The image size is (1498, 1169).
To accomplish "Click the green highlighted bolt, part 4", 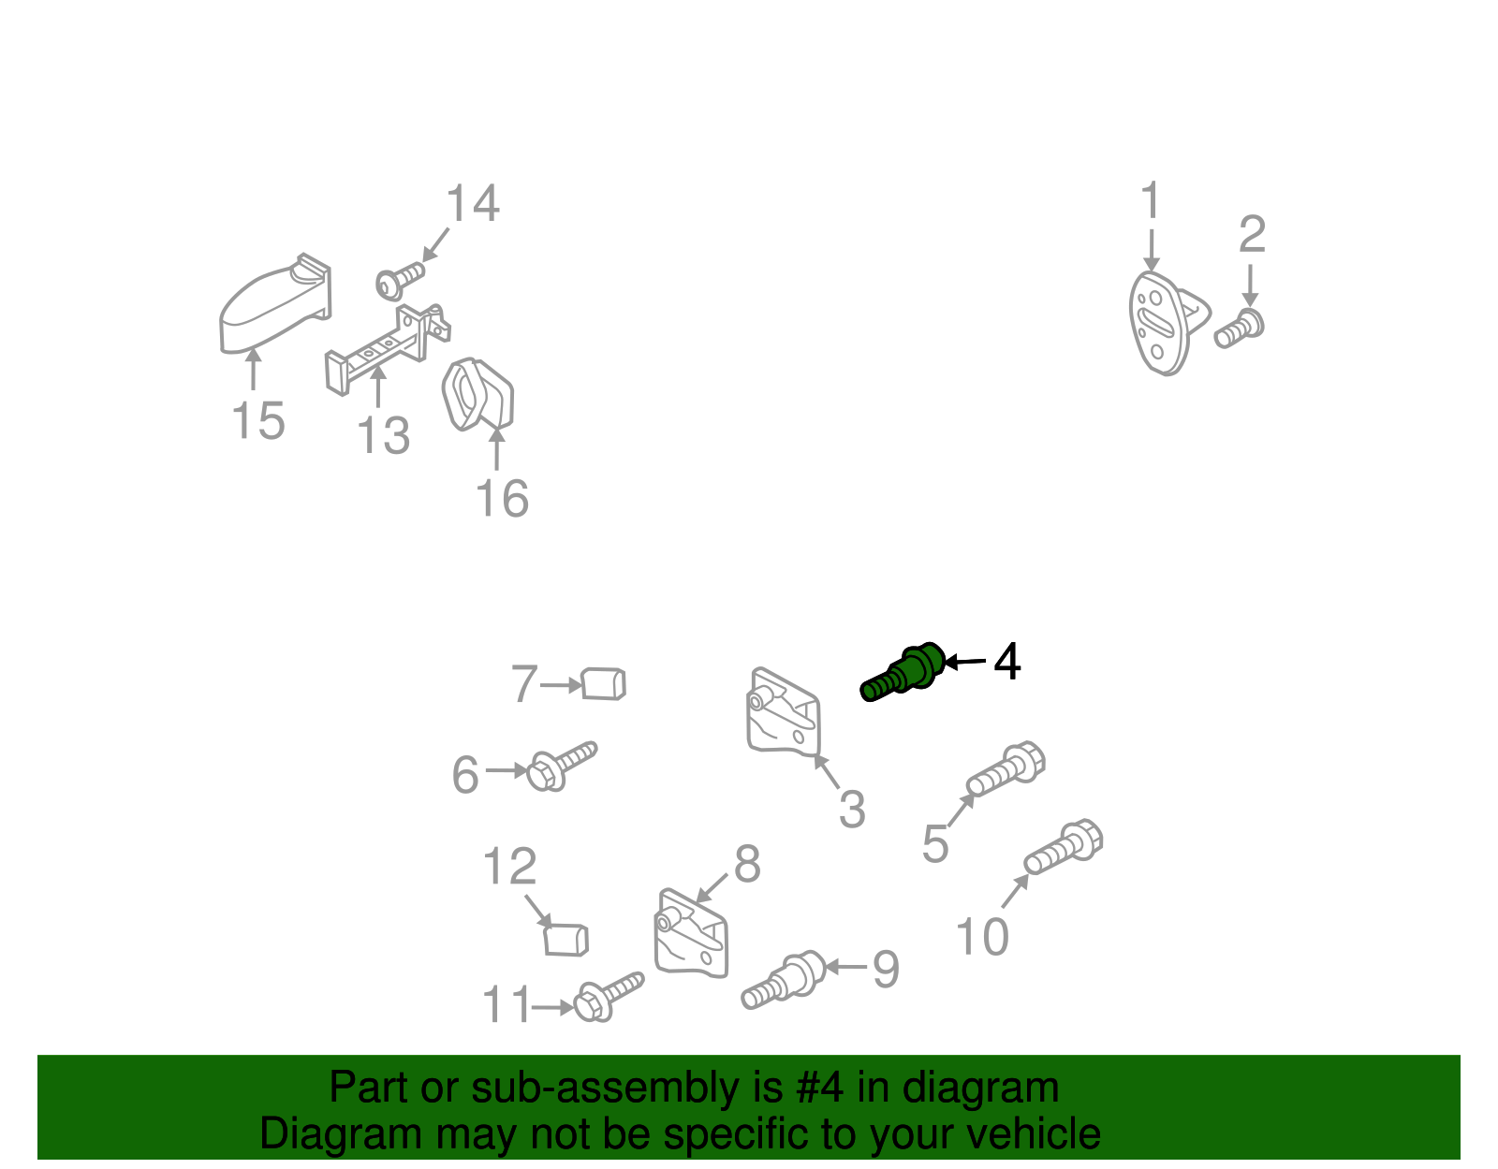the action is coord(903,672).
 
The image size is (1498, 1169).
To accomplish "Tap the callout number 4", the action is coord(1006,662).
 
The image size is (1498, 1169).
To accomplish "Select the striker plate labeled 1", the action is coord(1168,323).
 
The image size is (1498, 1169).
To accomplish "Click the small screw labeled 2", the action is coord(1239,329).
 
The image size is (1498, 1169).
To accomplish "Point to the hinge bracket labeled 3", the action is coord(784,712).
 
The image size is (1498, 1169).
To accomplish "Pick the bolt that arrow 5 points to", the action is coord(1006,768).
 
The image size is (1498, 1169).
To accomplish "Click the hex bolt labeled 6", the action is coord(561,766).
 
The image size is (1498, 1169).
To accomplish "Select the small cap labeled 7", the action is coord(603,684).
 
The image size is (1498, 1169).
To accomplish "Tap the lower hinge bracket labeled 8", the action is coord(691,933).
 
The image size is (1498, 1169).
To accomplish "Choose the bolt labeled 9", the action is coord(784,980).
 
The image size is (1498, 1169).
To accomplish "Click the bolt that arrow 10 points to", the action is coord(1063,847).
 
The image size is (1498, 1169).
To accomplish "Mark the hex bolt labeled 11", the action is coord(608,996).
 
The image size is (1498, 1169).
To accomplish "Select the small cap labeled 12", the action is coord(566,941).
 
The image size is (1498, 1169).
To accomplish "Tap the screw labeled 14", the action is coord(400,281).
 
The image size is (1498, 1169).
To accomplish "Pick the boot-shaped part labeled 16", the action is coord(477,395).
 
